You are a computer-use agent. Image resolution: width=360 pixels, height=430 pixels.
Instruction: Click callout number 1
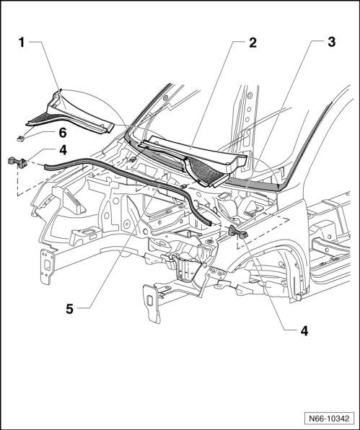pos(22,43)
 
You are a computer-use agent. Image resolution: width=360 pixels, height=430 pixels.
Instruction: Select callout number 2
pos(253,43)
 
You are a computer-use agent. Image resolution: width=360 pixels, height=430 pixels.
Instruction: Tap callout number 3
pos(332,43)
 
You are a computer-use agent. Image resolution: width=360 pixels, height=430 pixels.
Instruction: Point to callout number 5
pos(70,309)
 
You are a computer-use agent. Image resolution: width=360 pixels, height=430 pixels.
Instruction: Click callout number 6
pos(63,133)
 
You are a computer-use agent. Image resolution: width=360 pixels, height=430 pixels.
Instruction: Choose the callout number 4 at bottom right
pos(304,331)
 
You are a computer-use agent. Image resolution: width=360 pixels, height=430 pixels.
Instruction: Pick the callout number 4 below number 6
pos(63,150)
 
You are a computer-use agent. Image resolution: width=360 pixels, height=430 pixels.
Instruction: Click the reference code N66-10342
pos(329,418)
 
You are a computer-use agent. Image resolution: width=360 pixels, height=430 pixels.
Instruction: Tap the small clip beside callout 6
pos(21,139)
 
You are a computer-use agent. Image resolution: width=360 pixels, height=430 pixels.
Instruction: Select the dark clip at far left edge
pos(17,162)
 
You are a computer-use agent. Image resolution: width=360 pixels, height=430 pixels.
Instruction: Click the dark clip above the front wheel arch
pos(237,231)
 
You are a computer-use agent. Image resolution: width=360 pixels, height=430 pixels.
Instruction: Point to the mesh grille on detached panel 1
pos(42,118)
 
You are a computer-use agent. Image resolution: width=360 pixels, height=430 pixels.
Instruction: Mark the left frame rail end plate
pos(46,266)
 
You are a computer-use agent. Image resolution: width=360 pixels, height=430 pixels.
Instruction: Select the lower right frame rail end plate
pos(152,303)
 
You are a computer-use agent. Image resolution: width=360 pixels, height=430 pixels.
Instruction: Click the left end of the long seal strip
pos(45,165)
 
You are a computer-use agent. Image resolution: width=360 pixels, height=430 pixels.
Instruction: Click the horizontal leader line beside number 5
pos(84,309)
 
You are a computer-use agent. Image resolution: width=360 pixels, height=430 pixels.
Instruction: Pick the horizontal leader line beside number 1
pos(35,42)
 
